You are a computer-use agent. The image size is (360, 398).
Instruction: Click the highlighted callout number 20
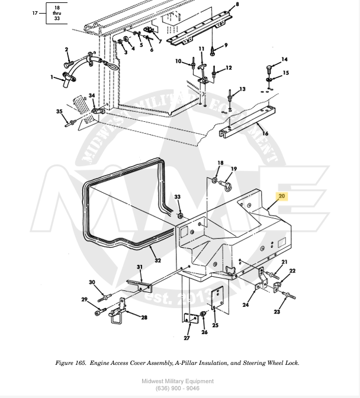(x=281, y=196)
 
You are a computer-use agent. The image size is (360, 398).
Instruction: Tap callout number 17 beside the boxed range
(x=34, y=12)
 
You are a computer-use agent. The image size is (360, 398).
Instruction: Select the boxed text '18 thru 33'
(x=57, y=12)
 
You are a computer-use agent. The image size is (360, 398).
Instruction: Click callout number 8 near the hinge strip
(x=237, y=5)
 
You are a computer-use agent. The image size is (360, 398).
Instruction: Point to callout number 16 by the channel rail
(x=265, y=134)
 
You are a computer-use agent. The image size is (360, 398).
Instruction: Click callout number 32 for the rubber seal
(x=157, y=260)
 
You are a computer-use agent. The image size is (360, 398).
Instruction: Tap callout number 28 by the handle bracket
(x=144, y=318)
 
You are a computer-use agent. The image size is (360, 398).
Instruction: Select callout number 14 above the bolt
(x=284, y=59)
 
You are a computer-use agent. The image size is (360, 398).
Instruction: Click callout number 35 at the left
(x=59, y=111)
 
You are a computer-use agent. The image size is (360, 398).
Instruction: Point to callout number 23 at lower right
(x=277, y=312)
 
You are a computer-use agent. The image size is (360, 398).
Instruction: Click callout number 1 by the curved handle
(x=52, y=76)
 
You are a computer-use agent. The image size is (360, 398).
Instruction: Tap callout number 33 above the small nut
(x=177, y=197)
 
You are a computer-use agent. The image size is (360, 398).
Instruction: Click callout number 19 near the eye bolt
(x=234, y=169)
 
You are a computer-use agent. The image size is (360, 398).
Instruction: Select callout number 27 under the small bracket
(x=187, y=338)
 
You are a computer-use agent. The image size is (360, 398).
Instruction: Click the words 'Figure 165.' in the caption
(x=71, y=363)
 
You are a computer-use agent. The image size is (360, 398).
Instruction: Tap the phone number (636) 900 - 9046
(x=178, y=389)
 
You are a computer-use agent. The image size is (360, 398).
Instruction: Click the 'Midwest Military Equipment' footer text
(x=178, y=381)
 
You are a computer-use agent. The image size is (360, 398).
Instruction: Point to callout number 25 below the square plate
(x=215, y=325)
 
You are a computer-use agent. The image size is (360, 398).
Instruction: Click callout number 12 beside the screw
(x=229, y=68)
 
